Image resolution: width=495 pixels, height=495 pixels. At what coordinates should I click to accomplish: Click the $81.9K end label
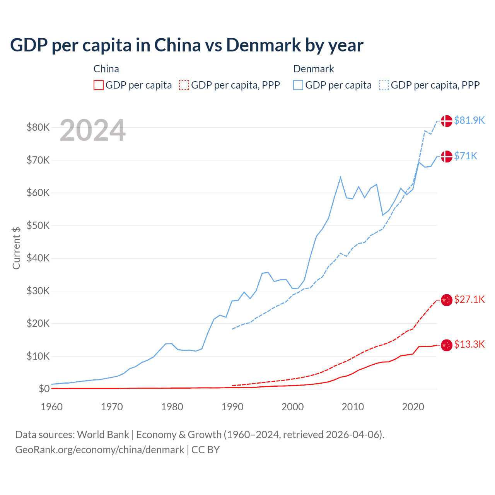469,120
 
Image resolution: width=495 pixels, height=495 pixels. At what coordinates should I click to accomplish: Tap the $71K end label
466,156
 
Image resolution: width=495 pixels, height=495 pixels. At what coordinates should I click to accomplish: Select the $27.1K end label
469,299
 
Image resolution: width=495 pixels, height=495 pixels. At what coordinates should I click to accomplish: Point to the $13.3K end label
469,344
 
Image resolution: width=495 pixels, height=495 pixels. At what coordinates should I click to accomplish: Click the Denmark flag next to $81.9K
447,121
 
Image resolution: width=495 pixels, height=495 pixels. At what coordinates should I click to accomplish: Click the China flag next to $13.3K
447,345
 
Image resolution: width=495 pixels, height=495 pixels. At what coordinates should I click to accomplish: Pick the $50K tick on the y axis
38,225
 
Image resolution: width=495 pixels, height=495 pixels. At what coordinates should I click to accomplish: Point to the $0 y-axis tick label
44,389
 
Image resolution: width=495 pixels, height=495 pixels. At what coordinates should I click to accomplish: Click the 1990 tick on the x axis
232,407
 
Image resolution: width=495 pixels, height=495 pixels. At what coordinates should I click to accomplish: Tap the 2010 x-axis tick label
353,407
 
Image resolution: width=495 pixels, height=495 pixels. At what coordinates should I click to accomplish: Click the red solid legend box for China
99,85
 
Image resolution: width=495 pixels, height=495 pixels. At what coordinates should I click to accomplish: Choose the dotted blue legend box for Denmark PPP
384,85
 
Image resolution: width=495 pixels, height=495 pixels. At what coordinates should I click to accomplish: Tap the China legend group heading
106,69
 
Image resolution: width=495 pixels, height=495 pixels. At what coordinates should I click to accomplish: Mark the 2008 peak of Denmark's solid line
340,178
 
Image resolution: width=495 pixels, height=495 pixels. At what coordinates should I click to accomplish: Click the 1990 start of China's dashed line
232,386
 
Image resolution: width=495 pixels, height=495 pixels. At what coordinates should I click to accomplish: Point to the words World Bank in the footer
103,435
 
